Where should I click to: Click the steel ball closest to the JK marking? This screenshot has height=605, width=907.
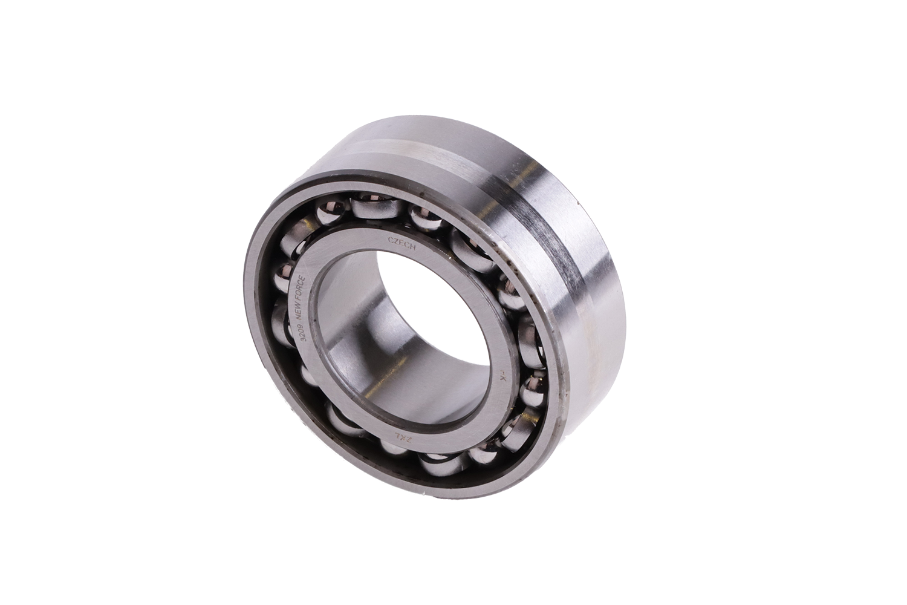click(x=532, y=387)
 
